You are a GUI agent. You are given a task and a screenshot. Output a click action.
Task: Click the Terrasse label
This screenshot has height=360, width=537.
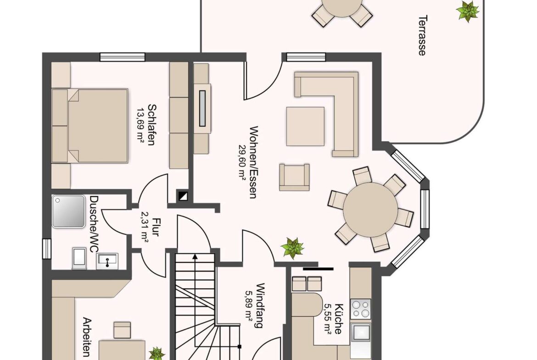coord(423,35)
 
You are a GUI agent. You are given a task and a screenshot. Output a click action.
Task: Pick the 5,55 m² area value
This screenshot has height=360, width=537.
coord(328,319)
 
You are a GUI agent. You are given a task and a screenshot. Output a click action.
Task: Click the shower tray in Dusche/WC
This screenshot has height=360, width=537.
coord(68,211)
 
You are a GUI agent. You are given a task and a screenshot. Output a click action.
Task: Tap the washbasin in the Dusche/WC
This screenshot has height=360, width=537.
coord(107,261)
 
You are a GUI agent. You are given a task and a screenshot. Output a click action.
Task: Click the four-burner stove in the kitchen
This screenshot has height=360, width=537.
coord(361,309)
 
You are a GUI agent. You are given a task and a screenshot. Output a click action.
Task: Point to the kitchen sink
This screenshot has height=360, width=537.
coord(361,332)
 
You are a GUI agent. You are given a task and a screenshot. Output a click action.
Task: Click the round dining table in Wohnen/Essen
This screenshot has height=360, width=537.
coord(370,210)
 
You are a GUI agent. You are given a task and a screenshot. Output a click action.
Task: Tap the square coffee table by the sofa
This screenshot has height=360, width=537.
coord(305,126)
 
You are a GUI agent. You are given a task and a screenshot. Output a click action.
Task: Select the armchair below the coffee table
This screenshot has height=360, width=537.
coord(294,177)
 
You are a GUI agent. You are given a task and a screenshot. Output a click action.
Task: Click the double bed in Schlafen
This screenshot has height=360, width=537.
coord(89,126)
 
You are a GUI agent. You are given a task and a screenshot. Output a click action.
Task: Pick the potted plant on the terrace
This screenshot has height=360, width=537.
coord(468,11)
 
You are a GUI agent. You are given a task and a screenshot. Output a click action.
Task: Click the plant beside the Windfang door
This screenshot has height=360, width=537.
coord(292,248)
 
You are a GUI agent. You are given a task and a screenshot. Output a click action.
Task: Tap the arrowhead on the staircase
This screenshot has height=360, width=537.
coord(195,256)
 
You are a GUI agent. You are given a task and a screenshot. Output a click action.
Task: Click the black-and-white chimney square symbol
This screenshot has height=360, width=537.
coord(182,196)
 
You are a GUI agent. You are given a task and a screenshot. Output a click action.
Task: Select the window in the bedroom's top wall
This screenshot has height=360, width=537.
coord(122,57)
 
